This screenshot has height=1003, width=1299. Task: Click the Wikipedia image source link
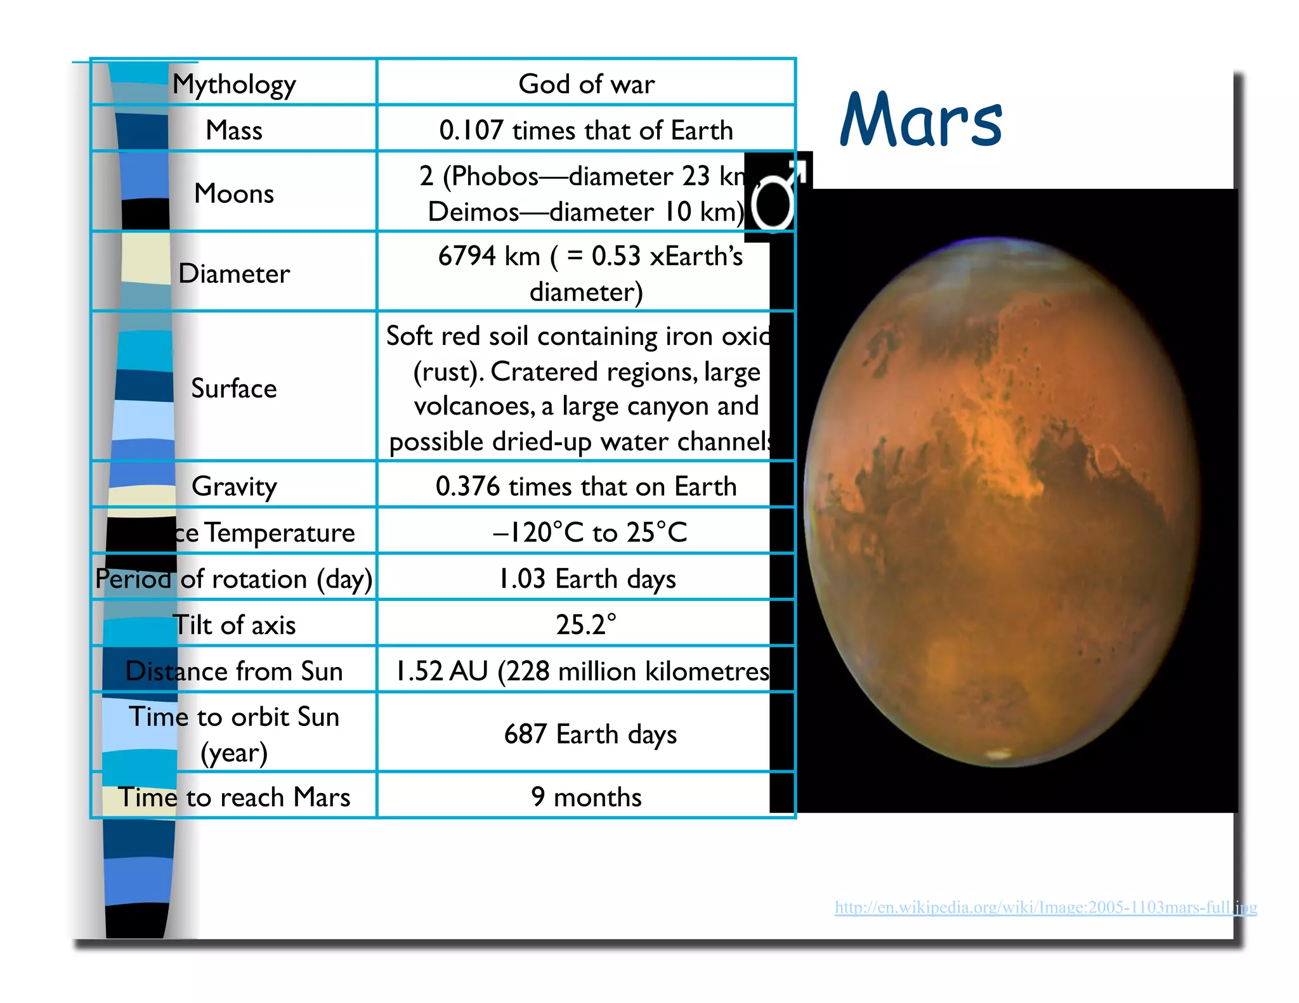[1045, 907]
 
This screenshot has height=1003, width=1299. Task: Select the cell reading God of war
[586, 84]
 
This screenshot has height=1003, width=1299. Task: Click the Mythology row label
[234, 84]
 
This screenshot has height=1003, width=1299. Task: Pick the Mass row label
[234, 130]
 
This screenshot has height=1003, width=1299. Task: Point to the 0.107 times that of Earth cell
[586, 130]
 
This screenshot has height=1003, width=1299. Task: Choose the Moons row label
[234, 193]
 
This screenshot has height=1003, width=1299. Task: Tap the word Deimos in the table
[473, 212]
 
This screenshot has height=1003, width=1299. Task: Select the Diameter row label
[234, 273]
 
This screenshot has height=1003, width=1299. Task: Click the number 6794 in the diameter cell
[467, 256]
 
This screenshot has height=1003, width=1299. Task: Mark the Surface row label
[234, 388]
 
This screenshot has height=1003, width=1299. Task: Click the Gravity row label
[234, 486]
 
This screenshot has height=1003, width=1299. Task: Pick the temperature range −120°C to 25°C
[590, 533]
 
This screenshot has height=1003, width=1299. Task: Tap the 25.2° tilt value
[586, 624]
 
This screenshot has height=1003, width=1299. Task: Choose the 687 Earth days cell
[590, 734]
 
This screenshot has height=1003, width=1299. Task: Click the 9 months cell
[586, 797]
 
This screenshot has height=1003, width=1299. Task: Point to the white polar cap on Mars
[999, 754]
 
